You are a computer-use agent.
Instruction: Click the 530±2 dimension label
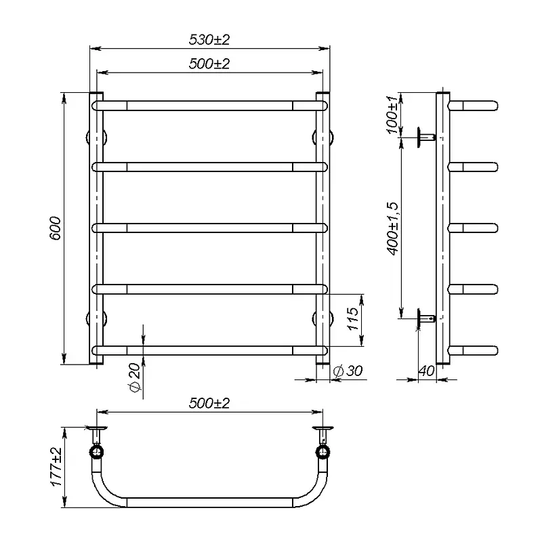(209, 40)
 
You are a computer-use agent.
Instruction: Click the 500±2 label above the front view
(209, 64)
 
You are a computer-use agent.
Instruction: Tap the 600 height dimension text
(56, 228)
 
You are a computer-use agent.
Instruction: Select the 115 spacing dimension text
(353, 318)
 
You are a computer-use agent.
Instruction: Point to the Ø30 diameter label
(348, 371)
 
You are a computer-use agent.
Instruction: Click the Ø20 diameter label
(135, 378)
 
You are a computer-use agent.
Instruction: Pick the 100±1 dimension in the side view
(392, 114)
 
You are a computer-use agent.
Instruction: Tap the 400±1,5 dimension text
(392, 229)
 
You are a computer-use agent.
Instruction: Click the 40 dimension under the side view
(426, 371)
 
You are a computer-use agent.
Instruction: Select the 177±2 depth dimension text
(56, 467)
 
